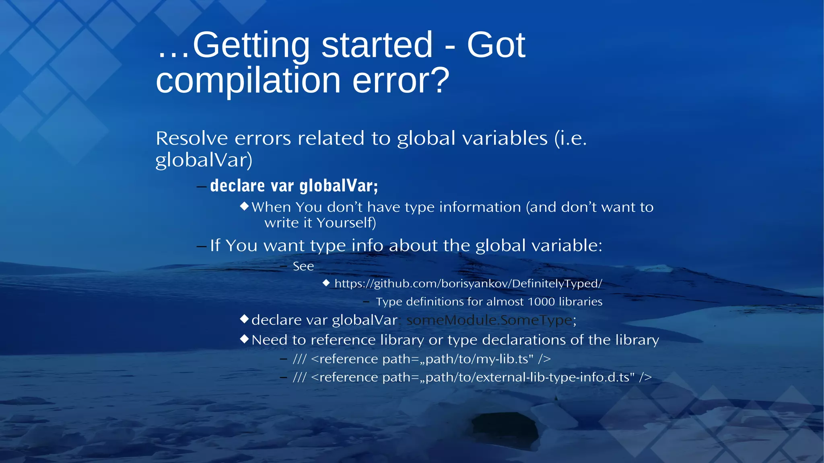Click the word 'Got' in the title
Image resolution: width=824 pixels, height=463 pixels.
pos(496,45)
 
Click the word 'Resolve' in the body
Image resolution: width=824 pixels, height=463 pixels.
pos(192,139)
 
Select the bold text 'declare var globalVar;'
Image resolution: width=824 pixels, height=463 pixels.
pos(294,186)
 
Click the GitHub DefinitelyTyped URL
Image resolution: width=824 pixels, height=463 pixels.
pos(468,284)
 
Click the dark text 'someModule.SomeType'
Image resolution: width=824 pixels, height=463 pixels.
pos(489,320)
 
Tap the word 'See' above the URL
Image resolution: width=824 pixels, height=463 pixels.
pos(303,266)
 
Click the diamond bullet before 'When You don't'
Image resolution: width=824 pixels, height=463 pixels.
pos(244,206)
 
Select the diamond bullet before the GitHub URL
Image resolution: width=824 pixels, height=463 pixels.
pos(326,283)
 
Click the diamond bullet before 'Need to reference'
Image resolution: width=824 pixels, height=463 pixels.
pos(244,339)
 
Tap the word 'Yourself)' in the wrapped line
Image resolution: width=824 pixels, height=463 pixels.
pos(346,223)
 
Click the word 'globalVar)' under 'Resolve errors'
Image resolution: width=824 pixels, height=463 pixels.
pos(204,160)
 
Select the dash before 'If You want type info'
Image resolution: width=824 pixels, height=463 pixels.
pos(201,246)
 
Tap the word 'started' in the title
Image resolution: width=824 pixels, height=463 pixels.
pos(377,45)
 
